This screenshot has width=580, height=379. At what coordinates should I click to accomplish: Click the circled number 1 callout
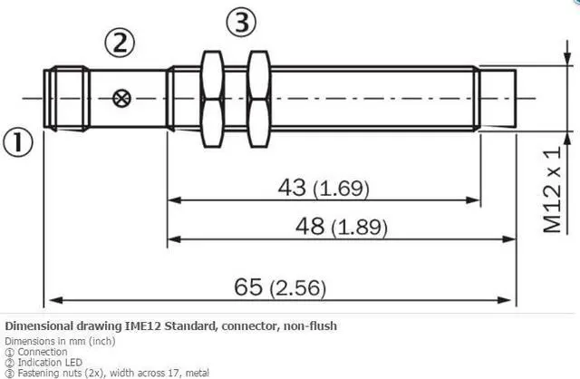coord(18,142)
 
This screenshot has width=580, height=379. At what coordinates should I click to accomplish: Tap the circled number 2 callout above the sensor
coord(120,43)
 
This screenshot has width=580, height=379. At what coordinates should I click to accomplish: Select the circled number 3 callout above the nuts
coord(241,22)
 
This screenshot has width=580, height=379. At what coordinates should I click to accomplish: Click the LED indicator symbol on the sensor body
coord(121,99)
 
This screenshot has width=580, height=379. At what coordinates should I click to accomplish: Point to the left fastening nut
coord(212,99)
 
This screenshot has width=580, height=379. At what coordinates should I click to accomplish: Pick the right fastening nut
coord(258,99)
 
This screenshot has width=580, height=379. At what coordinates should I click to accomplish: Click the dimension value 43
coord(292,187)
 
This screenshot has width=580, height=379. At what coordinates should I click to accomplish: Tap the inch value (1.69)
coord(341,189)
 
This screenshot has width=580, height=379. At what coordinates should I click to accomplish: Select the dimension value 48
coord(310,226)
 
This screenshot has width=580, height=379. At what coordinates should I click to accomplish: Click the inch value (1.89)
coord(359,228)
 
